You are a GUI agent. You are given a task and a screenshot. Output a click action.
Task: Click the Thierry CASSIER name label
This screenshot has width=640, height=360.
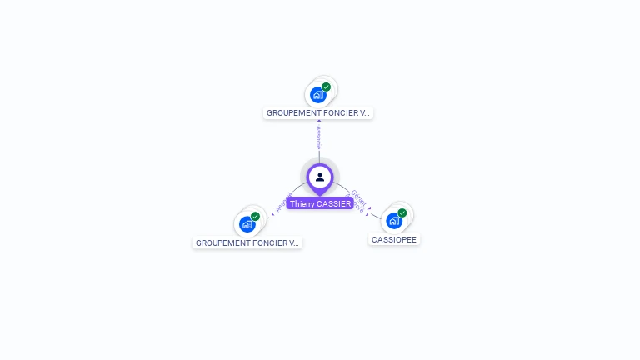320,203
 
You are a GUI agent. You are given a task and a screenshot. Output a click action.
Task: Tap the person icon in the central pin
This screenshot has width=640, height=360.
320,177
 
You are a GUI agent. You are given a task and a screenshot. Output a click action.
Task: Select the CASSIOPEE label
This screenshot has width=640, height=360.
394,239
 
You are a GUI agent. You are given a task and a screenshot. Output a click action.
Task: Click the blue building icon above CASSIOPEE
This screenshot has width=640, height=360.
393,221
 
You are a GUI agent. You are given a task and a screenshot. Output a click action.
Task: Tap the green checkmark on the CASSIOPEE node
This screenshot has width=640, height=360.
402,213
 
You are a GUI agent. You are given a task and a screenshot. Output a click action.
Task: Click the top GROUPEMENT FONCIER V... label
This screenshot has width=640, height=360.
318,112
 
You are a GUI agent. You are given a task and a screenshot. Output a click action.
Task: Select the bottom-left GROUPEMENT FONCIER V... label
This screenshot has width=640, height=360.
247,243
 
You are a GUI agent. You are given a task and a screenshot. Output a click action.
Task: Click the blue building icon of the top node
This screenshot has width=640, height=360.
317,95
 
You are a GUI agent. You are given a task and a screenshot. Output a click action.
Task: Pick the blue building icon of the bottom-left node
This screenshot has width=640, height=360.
247,224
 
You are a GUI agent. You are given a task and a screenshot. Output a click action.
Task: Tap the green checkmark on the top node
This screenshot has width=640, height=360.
327,87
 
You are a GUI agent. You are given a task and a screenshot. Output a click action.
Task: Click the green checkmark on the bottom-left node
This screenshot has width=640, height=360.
256,217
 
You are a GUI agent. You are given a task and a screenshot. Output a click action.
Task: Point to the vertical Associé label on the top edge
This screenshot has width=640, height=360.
318,137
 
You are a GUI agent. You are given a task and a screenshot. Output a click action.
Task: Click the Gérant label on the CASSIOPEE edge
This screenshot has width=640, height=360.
359,197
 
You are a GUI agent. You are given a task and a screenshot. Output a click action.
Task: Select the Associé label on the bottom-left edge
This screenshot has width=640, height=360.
282,203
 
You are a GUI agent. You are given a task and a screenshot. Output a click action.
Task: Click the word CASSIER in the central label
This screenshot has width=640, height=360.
334,203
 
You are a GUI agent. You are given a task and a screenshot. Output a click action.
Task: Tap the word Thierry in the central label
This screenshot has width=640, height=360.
302,203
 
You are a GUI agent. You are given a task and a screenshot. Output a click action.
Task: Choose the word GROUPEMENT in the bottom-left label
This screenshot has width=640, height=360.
219,243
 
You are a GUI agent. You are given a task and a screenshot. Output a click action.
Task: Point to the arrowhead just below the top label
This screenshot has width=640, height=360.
318,122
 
